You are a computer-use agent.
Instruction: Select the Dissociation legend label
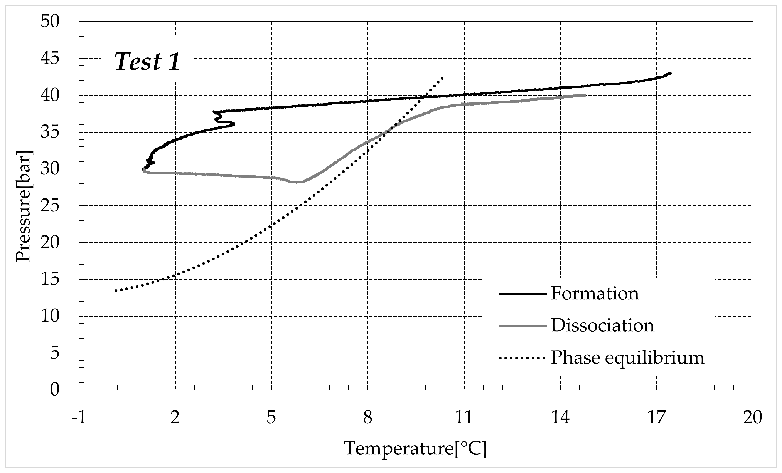[602, 325]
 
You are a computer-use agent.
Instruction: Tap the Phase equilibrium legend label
[627, 357]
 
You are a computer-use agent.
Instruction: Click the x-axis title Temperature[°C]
[415, 449]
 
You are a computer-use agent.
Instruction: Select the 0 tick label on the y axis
[55, 390]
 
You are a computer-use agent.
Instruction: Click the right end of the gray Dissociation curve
[585, 95]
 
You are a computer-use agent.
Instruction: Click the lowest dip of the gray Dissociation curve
[298, 182]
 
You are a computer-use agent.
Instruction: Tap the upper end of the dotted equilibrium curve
[442, 78]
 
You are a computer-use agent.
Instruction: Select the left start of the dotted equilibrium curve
[116, 291]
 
